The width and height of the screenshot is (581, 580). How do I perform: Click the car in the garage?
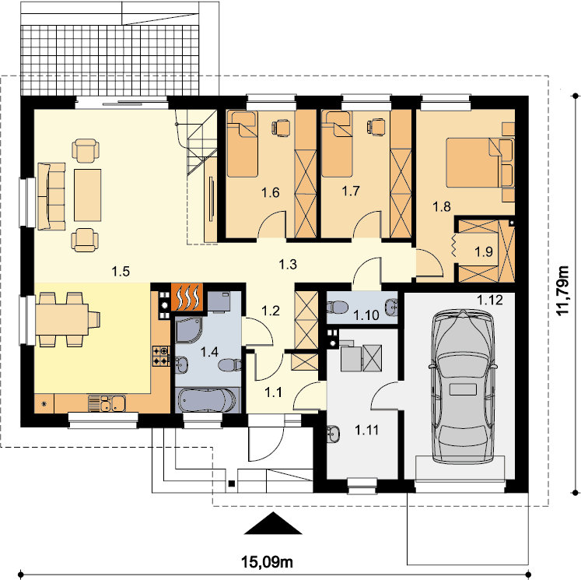[x=463, y=385]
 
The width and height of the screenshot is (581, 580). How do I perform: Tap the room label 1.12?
[x=489, y=300]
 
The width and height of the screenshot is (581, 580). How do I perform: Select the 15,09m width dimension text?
[x=267, y=562]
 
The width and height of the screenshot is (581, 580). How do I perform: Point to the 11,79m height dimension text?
[x=563, y=290]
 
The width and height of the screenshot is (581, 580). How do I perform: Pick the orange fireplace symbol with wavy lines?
[x=187, y=297]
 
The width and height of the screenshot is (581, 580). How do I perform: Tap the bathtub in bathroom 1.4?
[x=207, y=401]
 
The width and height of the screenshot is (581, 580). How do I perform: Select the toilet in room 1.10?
[x=337, y=307]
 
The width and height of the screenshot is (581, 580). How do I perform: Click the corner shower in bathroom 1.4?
[x=188, y=329]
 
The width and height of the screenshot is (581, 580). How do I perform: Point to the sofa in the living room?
[x=51, y=196]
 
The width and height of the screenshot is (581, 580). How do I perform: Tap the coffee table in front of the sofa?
[x=87, y=195]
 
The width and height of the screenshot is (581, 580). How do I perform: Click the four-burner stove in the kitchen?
[x=161, y=356]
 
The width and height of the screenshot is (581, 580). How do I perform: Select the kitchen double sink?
[x=107, y=403]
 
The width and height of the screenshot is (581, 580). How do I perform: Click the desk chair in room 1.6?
[x=281, y=127]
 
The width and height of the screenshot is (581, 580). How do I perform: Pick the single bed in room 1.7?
[x=337, y=144]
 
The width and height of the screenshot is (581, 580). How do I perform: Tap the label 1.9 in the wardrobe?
[x=484, y=252]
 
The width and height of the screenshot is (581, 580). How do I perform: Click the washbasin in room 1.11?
[x=333, y=434]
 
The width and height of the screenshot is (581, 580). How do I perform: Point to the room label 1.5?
[x=121, y=272]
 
